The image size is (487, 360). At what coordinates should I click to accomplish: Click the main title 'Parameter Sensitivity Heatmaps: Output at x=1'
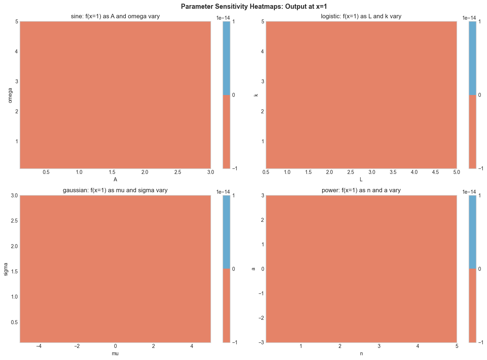243,6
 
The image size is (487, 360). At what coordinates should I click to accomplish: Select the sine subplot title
115,16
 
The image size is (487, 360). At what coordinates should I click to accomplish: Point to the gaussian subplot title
115,190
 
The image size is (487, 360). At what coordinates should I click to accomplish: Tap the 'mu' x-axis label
115,354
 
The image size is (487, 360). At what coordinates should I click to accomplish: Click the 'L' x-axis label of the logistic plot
361,180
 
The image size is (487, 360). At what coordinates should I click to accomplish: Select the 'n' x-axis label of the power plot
361,354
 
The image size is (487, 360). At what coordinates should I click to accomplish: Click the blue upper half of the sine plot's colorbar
226,58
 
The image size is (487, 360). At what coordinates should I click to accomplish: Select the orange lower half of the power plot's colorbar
472,306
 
